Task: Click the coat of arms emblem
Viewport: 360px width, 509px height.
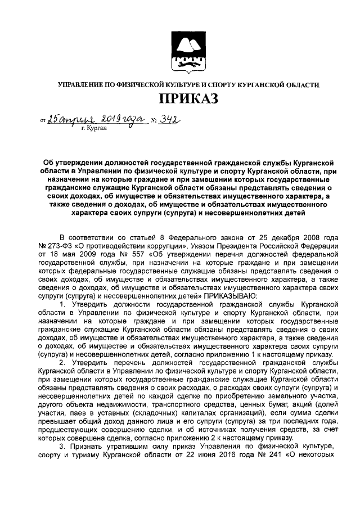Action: pos(188,52)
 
